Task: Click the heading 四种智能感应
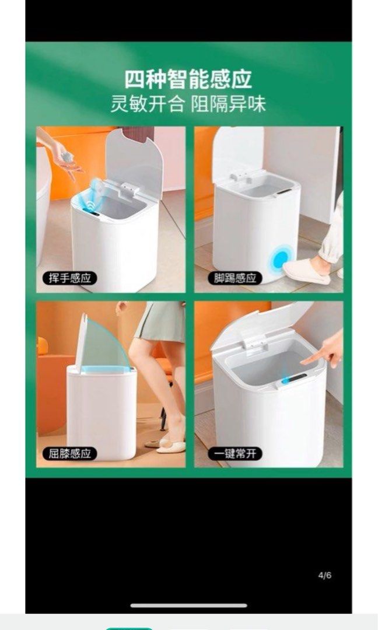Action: point(188,79)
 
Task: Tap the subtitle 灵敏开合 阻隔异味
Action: point(188,104)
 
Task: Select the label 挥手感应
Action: point(69,278)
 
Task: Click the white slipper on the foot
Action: point(306,271)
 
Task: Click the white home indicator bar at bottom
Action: point(188,605)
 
